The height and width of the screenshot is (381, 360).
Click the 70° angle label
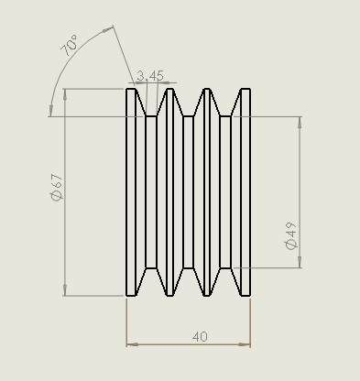tap(69, 46)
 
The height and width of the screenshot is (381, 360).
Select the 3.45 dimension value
tap(150, 76)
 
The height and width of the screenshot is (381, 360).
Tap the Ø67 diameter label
tap(57, 188)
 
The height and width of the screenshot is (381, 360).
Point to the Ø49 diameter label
tap(290, 235)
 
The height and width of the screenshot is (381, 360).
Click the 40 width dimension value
tap(200, 337)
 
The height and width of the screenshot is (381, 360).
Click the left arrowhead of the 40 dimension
tap(132, 344)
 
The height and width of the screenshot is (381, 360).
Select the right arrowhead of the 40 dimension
tap(245, 344)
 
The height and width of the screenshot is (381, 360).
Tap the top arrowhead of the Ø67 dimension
tap(65, 94)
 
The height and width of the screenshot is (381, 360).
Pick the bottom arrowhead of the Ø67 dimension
tap(65, 290)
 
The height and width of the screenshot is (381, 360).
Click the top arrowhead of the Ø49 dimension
tap(300, 122)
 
